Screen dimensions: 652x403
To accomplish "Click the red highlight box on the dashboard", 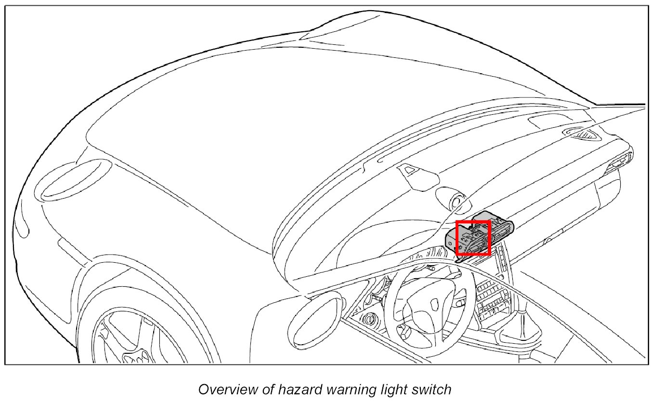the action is click(473, 237).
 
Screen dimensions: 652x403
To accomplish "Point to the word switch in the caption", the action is click(430, 390).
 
